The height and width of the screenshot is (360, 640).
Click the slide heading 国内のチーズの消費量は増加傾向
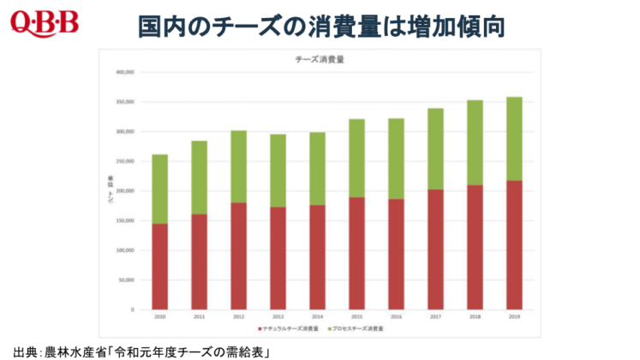321,27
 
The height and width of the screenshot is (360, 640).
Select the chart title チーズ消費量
320,60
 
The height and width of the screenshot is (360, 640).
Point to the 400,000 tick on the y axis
124,73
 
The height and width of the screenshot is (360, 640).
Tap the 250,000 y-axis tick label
124,161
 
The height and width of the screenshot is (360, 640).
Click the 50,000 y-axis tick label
126,279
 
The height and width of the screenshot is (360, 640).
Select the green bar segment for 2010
159,189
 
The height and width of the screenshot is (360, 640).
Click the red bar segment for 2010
159,266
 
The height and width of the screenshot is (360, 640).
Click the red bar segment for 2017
435,249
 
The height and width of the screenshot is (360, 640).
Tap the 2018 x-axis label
475,316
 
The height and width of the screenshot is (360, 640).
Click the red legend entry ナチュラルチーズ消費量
289,327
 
